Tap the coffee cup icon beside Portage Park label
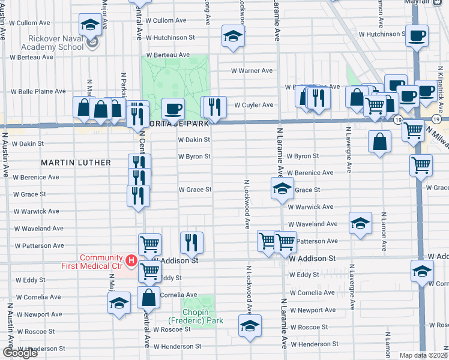tap(173, 108)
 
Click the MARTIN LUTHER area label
tap(76, 163)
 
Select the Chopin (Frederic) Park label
tap(195, 316)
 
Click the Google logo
tap(20, 353)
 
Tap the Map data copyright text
tap(424, 355)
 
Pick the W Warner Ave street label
tap(252, 71)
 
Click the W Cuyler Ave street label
tap(253, 105)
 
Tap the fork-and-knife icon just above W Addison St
tap(191, 242)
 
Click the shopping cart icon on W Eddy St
tap(149, 271)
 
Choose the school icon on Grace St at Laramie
tap(282, 188)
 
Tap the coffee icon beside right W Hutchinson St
tap(416, 35)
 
